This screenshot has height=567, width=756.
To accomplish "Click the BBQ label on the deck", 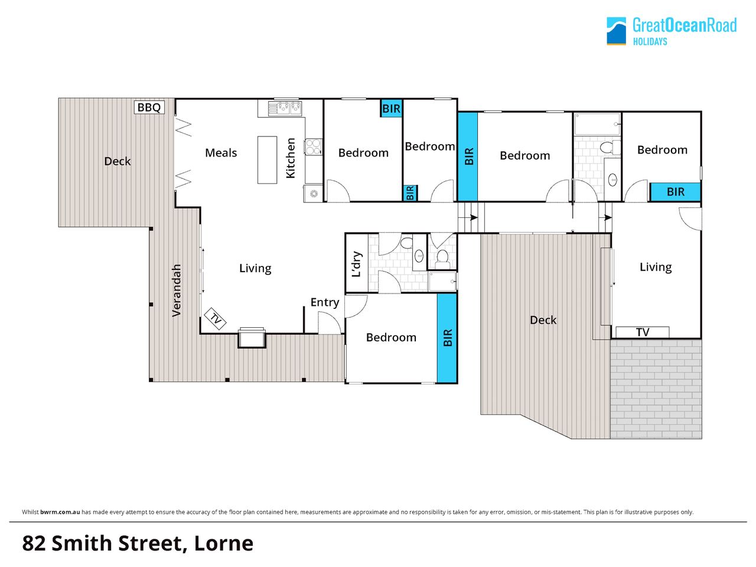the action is (x=149, y=107).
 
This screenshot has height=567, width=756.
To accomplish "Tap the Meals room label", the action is (x=221, y=153).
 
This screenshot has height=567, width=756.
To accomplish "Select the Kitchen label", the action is (x=291, y=158).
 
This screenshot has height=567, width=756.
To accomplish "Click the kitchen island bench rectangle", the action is (x=268, y=159).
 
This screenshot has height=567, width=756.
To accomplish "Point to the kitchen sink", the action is (x=285, y=108).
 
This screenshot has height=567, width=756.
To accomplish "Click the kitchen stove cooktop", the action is (x=313, y=146).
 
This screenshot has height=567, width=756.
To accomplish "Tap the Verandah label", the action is (x=177, y=290).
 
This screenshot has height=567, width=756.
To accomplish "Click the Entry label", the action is (x=325, y=302).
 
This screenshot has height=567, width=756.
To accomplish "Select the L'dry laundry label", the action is (x=357, y=264).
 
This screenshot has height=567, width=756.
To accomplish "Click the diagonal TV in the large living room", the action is (x=215, y=319).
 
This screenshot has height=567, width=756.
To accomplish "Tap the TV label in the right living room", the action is (x=643, y=332).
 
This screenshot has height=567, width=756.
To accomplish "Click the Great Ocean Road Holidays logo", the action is (x=672, y=31).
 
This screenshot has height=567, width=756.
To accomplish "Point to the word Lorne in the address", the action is (x=224, y=543).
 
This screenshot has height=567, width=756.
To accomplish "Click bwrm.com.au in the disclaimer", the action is (x=60, y=512).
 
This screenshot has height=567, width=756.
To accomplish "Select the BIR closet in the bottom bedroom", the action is (x=447, y=338).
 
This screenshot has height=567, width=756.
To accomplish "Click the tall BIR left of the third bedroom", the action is (x=468, y=157).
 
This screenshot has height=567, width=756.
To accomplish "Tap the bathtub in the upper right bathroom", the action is (x=597, y=124).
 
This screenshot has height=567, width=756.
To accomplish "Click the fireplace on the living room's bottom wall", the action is (x=252, y=337).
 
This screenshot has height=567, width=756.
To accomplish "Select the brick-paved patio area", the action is (x=656, y=389).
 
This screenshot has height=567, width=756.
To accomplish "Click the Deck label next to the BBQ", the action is (x=118, y=161).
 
